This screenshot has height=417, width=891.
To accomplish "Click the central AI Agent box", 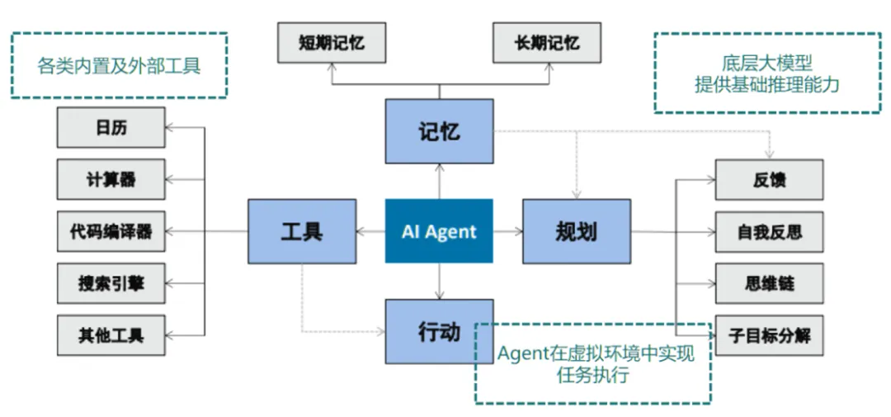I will click(438, 231).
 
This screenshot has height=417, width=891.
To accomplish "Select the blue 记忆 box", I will click(438, 131).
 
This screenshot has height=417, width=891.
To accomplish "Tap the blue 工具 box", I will click(302, 231).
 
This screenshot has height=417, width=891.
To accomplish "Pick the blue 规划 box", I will click(576, 231).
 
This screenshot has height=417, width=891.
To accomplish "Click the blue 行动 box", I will click(438, 332).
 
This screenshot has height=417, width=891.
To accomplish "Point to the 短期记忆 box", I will click(331, 43).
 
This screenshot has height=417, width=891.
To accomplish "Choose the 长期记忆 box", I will click(546, 43).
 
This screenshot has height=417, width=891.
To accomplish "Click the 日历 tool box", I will click(111, 128).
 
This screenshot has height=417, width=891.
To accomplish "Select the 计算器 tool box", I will click(111, 179).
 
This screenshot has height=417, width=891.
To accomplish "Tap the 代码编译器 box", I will click(111, 231).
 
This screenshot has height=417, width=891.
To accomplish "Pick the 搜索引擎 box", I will click(111, 283).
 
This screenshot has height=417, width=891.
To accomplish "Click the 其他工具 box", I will click(111, 335).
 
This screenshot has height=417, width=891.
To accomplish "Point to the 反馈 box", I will click(769, 179).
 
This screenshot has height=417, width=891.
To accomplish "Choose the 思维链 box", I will click(769, 283).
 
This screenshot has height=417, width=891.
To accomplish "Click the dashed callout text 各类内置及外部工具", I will click(119, 66).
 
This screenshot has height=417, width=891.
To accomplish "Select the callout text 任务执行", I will click(592, 376).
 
